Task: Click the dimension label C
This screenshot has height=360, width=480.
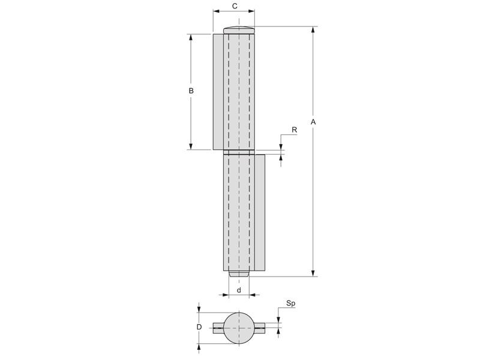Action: click(x=235, y=6)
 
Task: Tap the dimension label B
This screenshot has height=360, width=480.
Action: click(x=191, y=91)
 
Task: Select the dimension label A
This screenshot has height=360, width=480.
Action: click(x=313, y=122)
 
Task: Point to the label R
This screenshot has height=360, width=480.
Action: click(x=294, y=130)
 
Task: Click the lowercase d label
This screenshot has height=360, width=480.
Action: click(x=239, y=290)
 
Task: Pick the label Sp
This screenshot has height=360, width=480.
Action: click(x=291, y=304)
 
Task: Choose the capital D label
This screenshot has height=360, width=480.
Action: click(x=199, y=327)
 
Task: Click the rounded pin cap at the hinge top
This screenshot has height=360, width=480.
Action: click(x=239, y=30)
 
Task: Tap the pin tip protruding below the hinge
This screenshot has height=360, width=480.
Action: click(x=239, y=274)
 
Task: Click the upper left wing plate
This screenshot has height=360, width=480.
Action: click(x=218, y=92)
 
